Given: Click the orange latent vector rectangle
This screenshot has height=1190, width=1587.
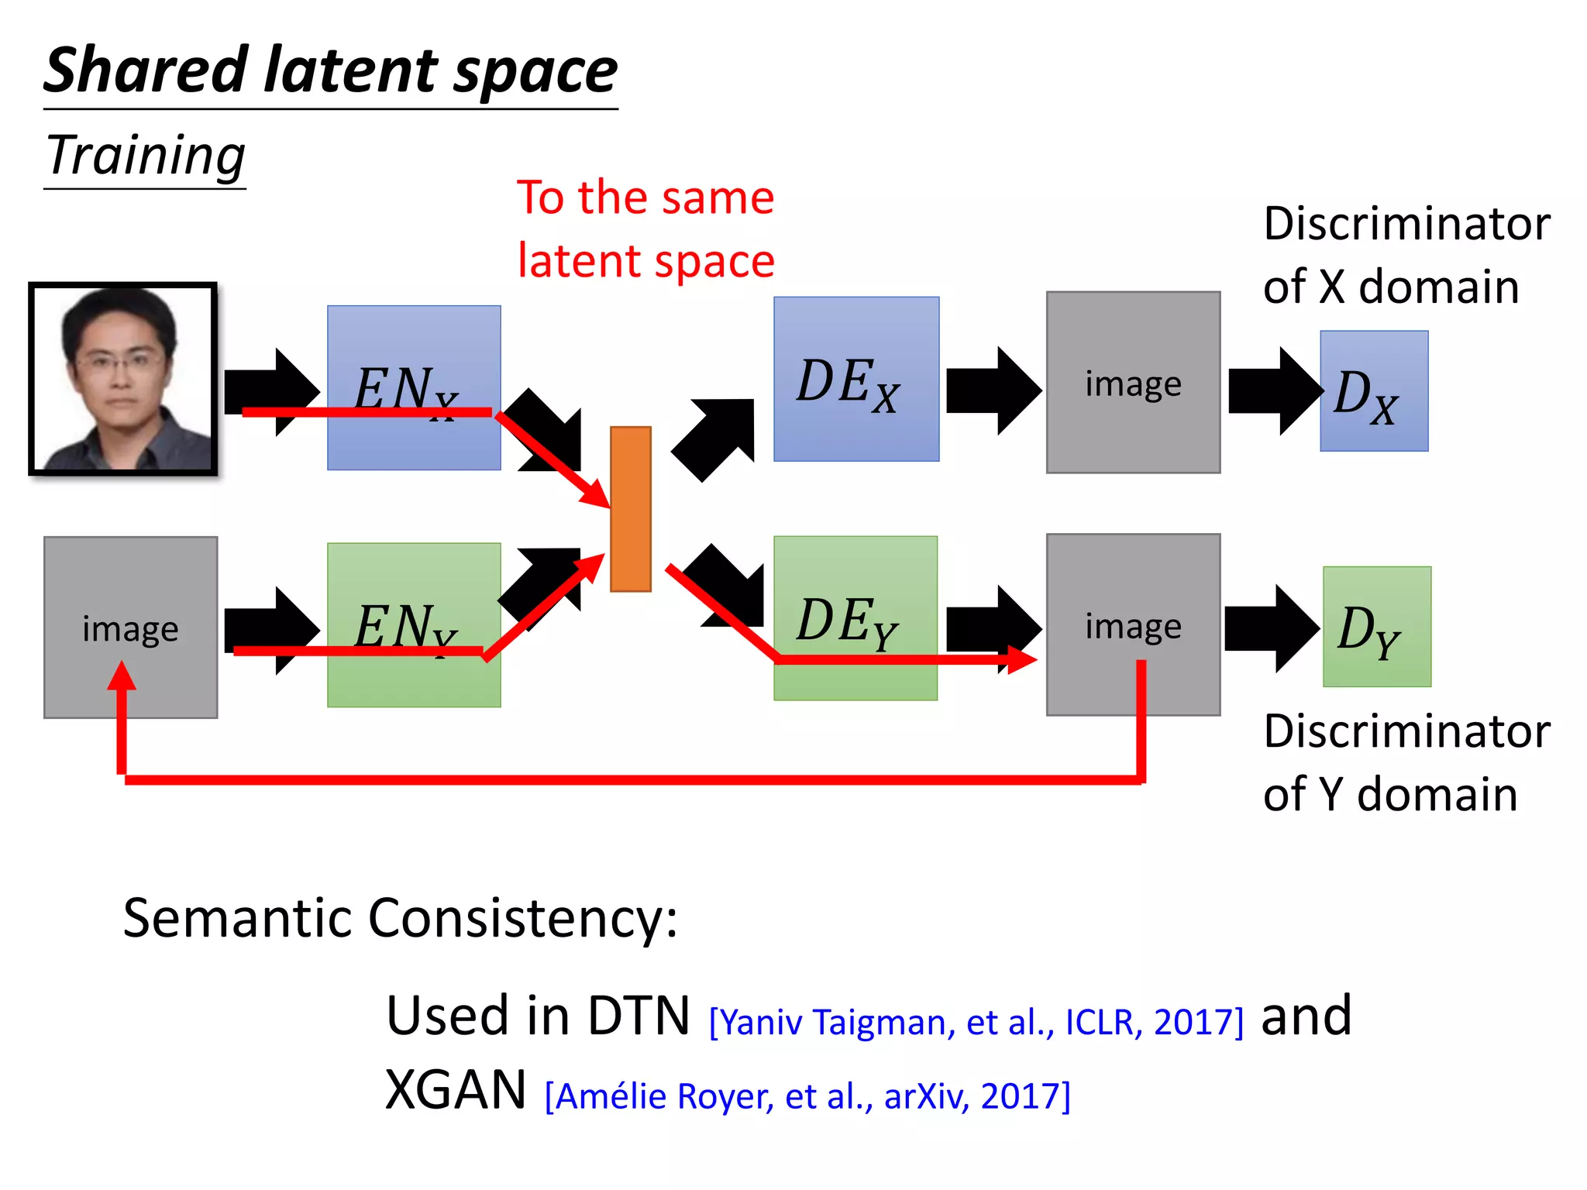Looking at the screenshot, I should [630, 509].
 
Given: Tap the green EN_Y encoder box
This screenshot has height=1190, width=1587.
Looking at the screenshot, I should [414, 589].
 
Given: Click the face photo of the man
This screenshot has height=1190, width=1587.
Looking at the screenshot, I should [123, 379].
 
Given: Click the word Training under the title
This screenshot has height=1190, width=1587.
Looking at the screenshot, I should [146, 155].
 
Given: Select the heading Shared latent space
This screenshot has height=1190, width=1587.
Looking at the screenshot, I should [330, 71].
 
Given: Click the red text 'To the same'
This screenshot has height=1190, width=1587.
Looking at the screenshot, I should [645, 198].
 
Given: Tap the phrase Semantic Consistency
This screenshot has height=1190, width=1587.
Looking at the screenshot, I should [400, 918].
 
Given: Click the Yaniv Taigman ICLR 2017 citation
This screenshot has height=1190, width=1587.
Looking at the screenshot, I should [976, 1022].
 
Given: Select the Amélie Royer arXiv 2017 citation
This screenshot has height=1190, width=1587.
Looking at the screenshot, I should [807, 1096].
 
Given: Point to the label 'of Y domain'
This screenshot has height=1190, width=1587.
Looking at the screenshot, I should [1390, 795].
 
